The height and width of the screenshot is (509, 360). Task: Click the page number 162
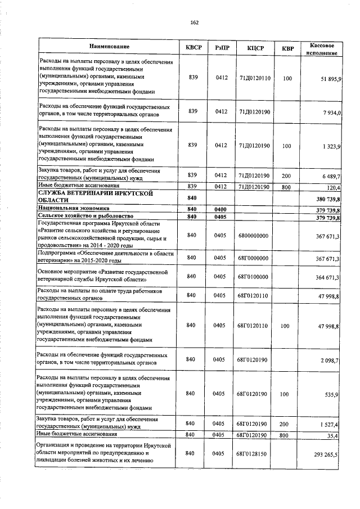click(x=195, y=22)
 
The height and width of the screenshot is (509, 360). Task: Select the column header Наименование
click(x=109, y=46)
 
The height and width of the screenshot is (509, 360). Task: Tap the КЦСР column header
click(x=255, y=48)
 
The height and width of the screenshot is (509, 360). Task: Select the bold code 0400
click(x=220, y=209)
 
